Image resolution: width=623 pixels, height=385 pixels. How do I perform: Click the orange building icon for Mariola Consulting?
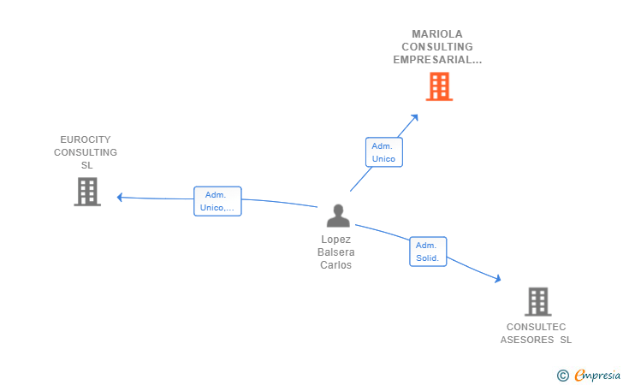click(438, 86)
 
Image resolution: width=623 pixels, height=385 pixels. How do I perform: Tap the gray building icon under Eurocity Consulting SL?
click(87, 192)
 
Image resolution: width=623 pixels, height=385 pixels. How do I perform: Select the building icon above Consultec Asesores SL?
click(537, 301)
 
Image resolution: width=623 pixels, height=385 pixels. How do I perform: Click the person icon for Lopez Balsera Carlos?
click(338, 216)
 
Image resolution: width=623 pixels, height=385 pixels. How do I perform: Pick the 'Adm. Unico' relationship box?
click(383, 152)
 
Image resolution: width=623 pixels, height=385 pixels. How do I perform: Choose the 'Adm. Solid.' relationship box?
click(427, 252)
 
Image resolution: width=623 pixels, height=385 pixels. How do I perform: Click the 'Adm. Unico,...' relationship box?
click(217, 201)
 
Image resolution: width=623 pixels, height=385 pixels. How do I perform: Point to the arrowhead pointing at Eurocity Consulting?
click(121, 197)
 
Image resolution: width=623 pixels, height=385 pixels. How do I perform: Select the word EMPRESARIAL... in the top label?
click(437, 60)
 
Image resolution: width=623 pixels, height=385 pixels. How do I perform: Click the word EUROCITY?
click(86, 139)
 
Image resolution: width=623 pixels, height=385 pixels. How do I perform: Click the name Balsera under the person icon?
click(336, 252)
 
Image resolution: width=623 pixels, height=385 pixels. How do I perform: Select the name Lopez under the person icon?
click(336, 240)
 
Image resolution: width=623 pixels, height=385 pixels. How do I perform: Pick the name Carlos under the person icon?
click(336, 265)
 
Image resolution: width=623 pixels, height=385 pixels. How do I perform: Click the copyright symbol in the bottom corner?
click(562, 375)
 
